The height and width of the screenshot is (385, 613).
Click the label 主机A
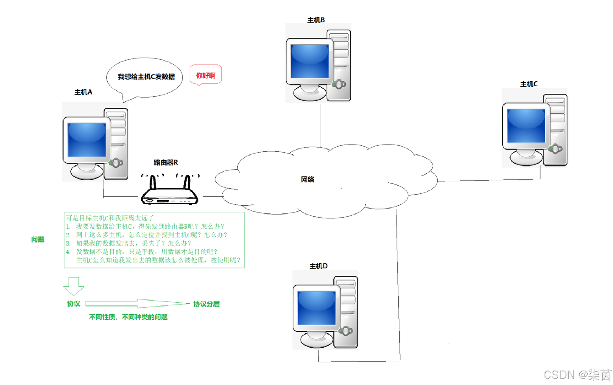pyautogui.click(x=83, y=92)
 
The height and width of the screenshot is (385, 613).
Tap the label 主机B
pyautogui.click(x=316, y=20)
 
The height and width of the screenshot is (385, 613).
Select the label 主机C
pyautogui.click(x=529, y=84)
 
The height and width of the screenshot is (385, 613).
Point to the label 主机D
pyautogui.click(x=318, y=266)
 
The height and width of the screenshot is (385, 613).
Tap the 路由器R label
pyautogui.click(x=166, y=163)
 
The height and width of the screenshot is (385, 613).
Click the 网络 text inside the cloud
pyautogui.click(x=307, y=180)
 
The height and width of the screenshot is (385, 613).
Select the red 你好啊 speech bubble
pyautogui.click(x=206, y=75)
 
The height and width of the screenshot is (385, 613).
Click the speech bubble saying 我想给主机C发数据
pyautogui.click(x=145, y=77)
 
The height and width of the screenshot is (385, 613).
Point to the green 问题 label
pyautogui.click(x=38, y=239)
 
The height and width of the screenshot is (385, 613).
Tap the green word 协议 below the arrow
pyautogui.click(x=74, y=304)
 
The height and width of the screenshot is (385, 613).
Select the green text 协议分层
pyautogui.click(x=206, y=304)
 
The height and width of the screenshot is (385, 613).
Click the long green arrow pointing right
pyautogui.click(x=137, y=303)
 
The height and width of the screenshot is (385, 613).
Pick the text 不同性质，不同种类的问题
pyautogui.click(x=128, y=317)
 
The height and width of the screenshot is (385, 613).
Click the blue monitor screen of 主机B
pyautogui.click(x=310, y=61)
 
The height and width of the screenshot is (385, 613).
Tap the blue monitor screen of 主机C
pyautogui.click(x=526, y=126)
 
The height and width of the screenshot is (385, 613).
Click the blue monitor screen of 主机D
pyautogui.click(x=316, y=308)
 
